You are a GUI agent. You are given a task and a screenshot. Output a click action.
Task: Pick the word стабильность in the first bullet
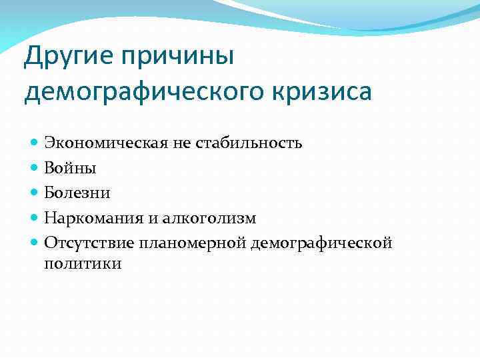pyautogui.click(x=249, y=143)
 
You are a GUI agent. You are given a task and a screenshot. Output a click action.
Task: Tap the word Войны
pyautogui.click(x=65, y=168)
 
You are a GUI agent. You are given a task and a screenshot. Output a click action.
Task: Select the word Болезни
pyautogui.click(x=77, y=193)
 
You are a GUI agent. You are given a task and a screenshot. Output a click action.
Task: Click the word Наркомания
pyautogui.click(x=89, y=219)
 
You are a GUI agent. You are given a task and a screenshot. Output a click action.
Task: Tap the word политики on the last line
pyautogui.click(x=83, y=264)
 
